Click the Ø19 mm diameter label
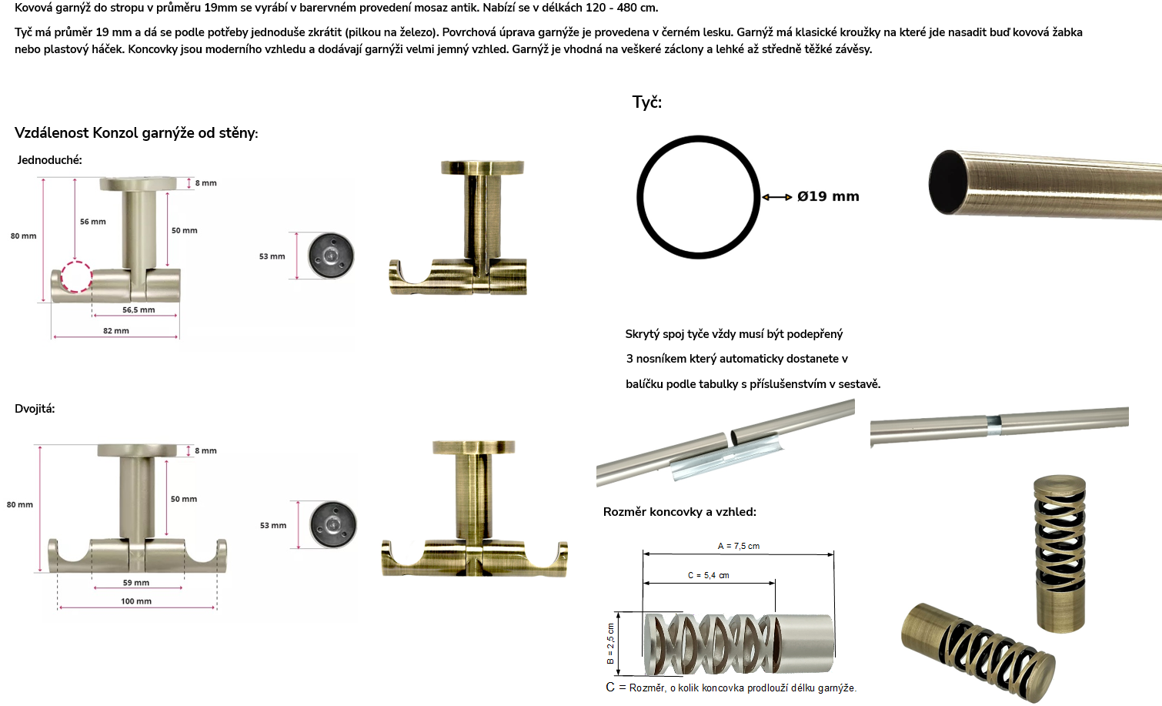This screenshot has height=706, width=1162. tap(828, 197)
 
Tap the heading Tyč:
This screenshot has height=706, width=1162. tap(647, 102)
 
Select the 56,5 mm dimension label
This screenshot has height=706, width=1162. tap(139, 310)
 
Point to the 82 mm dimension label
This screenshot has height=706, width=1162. tap(116, 331)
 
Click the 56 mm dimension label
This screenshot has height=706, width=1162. tap(93, 222)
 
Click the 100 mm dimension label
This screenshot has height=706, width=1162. tap(136, 601)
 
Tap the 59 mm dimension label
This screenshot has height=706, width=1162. tap(136, 583)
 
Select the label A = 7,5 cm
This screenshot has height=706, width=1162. tap(739, 546)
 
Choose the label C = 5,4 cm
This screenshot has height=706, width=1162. tap(709, 575)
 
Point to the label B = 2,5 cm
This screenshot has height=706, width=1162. tap(610, 644)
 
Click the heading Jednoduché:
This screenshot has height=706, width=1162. tap(50, 160)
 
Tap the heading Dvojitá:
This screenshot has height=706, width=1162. tap(35, 409)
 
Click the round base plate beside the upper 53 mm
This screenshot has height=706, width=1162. tap(331, 256)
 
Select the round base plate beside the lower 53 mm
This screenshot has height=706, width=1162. tap(333, 524)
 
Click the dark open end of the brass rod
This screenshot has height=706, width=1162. tap(947, 182)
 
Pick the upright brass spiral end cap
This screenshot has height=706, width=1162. tap(1060, 554)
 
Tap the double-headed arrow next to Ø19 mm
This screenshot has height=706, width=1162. tap(776, 197)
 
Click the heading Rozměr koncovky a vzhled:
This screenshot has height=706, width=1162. tap(680, 512)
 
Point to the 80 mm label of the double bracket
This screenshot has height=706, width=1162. tap(20, 504)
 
